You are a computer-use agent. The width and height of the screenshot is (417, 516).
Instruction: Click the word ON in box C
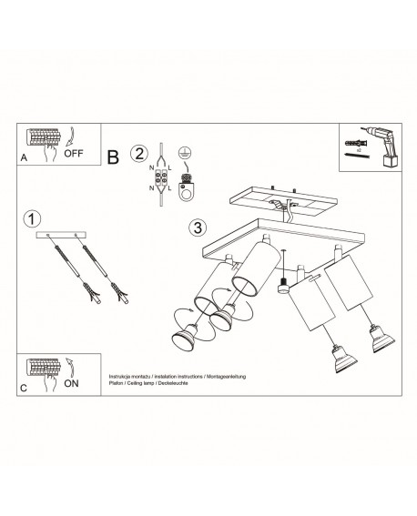[72, 384]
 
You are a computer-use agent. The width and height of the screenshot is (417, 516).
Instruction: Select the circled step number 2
[138, 153]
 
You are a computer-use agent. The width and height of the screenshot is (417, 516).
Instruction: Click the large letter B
[113, 157]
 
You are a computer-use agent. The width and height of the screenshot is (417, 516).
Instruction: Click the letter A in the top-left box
[22, 157]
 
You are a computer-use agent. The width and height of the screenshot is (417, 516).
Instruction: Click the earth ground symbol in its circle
[186, 153]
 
